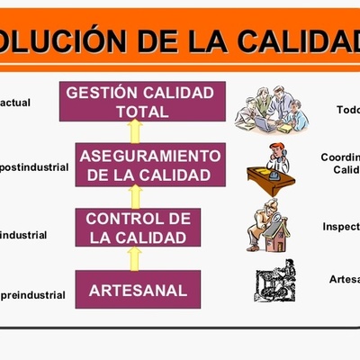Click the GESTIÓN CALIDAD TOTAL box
point(141,102)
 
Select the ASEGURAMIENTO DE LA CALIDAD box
point(149,165)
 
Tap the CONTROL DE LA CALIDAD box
point(139,229)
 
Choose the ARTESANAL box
point(139,290)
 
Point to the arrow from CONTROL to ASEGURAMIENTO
point(136,196)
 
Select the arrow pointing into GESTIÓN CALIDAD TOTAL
point(136,132)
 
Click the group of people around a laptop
point(271,109)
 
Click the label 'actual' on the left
point(16,103)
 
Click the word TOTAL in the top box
point(142,112)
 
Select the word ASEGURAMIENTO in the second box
point(149,155)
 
